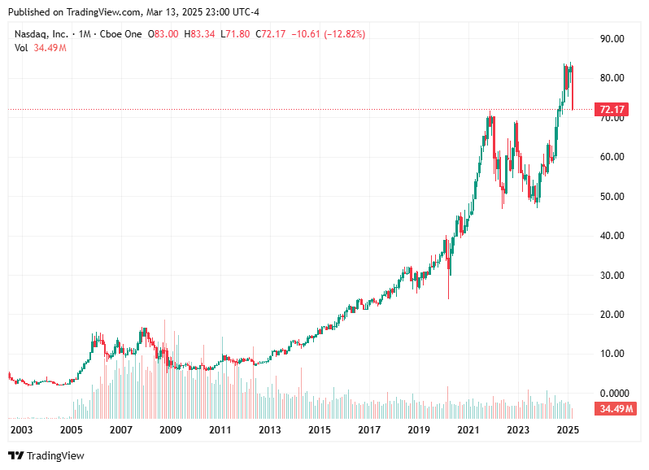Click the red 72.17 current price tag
(x=612, y=109)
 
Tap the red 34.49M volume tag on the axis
(x=614, y=408)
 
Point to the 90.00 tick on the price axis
(x=612, y=39)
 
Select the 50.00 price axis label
(x=612, y=197)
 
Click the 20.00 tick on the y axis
(x=612, y=315)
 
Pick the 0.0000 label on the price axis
(x=614, y=394)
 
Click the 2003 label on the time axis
(x=22, y=430)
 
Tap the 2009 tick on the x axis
(x=170, y=430)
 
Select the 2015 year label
(x=319, y=430)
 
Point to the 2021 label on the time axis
(x=468, y=430)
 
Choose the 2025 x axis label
(x=567, y=430)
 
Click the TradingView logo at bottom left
(x=46, y=455)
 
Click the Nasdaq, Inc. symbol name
(x=41, y=34)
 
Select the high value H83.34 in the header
(x=201, y=34)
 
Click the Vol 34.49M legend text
(x=40, y=48)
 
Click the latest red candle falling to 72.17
(x=573, y=89)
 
